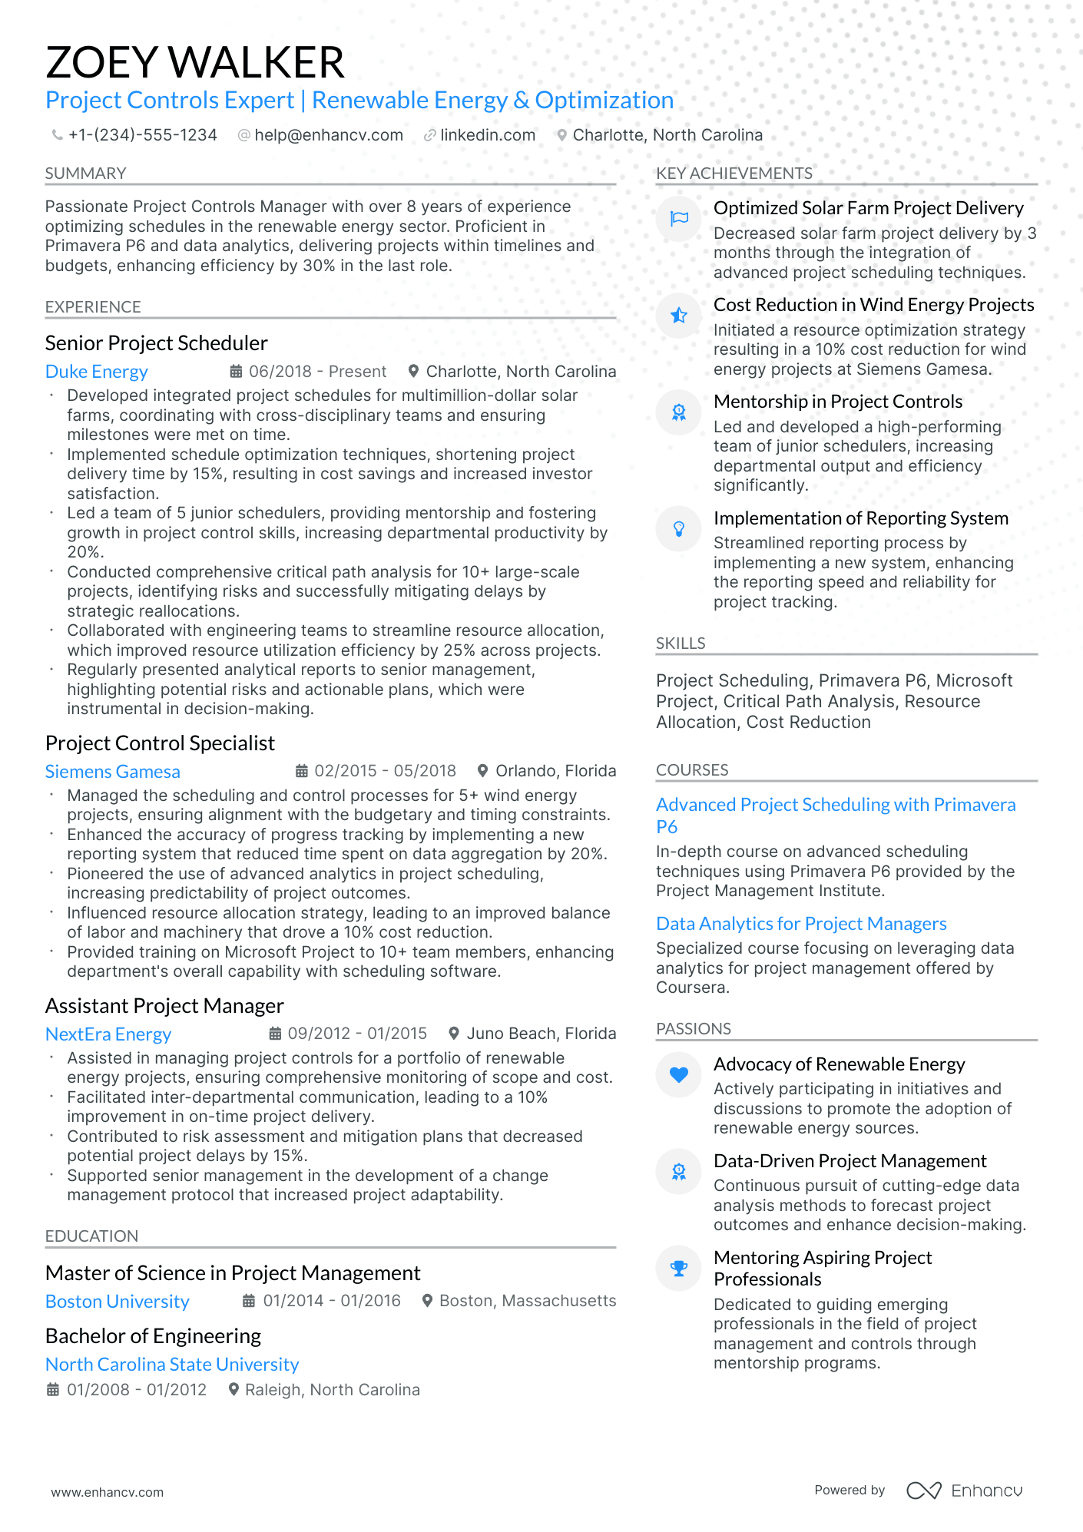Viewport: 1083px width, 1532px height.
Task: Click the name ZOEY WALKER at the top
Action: [x=195, y=63]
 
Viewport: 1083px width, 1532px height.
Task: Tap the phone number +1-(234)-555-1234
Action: [x=142, y=135]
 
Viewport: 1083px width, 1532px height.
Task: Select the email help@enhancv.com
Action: [x=328, y=135]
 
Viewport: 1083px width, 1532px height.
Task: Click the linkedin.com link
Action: [x=487, y=135]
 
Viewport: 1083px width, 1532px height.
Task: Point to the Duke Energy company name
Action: [x=96, y=372]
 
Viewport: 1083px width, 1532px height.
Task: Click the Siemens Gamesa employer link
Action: [x=112, y=772]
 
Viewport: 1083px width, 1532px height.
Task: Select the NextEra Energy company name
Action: [x=108, y=1034]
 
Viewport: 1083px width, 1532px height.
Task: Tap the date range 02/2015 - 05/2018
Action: [x=384, y=771]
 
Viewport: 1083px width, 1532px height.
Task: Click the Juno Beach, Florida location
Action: [x=541, y=1034]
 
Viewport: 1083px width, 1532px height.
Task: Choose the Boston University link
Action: [x=117, y=1302]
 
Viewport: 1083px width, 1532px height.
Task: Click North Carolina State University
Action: [x=172, y=1365]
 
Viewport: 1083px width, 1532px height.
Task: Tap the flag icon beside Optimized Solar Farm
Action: [x=679, y=219]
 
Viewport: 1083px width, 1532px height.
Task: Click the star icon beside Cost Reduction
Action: [x=679, y=316]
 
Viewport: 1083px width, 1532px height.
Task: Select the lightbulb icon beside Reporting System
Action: [x=679, y=528]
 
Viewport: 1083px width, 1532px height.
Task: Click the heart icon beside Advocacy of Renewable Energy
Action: [x=679, y=1074]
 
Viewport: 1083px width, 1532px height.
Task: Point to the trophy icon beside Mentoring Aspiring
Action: [x=679, y=1268]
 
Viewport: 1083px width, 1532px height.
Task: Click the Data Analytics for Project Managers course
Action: [x=801, y=924]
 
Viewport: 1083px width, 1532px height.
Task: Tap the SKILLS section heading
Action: [x=681, y=644]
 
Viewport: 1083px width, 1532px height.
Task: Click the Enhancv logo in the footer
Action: [x=964, y=1491]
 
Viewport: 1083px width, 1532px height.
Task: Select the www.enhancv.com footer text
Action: [x=108, y=1492]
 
